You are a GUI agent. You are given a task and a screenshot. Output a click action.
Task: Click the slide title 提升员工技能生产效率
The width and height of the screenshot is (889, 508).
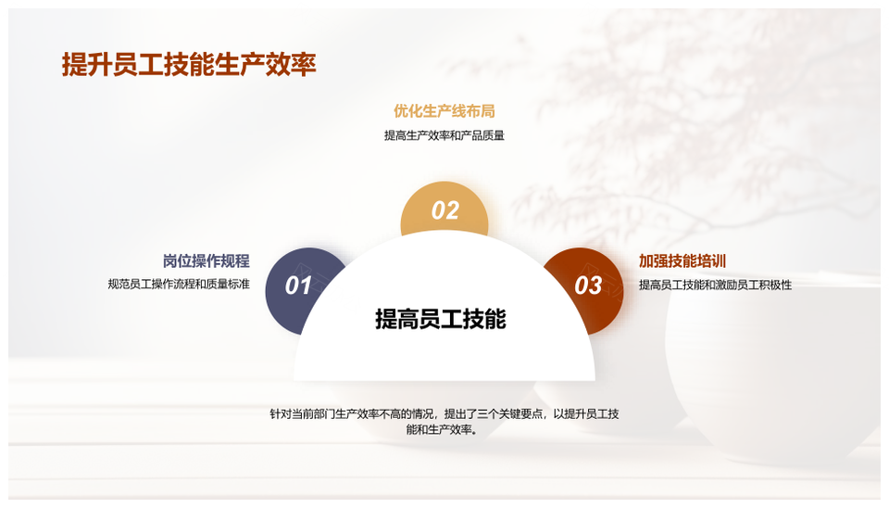(189, 65)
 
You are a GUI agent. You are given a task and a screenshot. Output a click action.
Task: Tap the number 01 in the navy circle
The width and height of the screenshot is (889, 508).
(298, 286)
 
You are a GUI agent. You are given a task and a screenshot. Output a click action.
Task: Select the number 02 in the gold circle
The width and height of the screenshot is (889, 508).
(445, 210)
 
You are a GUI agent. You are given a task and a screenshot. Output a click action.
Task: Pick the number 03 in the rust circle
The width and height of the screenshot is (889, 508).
(588, 286)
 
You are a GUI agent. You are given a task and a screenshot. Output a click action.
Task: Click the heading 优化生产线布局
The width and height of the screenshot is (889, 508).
(444, 111)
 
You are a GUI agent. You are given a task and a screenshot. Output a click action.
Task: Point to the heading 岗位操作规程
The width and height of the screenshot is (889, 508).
(207, 261)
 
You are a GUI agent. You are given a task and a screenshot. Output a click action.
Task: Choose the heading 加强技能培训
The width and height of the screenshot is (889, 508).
(682, 261)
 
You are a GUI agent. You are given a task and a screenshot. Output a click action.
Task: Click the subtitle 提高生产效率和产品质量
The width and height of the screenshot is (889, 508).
(444, 135)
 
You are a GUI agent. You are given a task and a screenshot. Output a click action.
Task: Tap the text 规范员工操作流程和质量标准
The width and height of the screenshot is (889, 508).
(179, 284)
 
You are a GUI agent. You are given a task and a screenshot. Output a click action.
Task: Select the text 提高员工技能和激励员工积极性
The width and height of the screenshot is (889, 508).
(716, 285)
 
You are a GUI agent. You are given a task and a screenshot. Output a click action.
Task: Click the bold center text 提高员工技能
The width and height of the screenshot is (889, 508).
(441, 319)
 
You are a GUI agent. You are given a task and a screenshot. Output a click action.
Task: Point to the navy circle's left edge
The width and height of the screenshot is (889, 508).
(266, 290)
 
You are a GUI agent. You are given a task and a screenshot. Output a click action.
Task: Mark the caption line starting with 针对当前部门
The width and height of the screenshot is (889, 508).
(444, 413)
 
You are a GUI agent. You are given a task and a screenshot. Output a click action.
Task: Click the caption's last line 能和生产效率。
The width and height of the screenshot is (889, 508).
(443, 430)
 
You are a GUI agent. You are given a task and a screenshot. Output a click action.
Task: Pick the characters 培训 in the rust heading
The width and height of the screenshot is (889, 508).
(711, 261)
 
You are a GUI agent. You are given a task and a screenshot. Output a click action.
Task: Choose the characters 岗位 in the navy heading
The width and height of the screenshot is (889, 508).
(178, 261)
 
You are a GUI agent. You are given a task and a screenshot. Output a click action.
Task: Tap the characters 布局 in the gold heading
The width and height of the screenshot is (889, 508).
(481, 111)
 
